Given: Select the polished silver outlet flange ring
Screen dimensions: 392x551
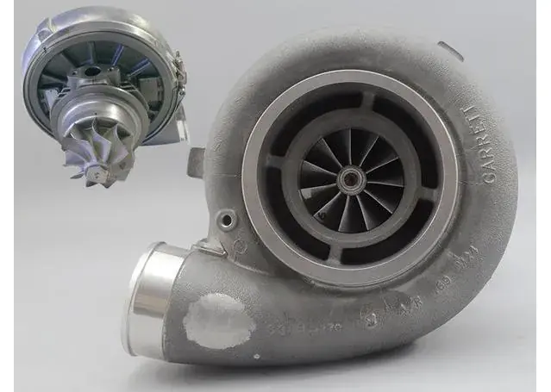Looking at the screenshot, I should (146, 297).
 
